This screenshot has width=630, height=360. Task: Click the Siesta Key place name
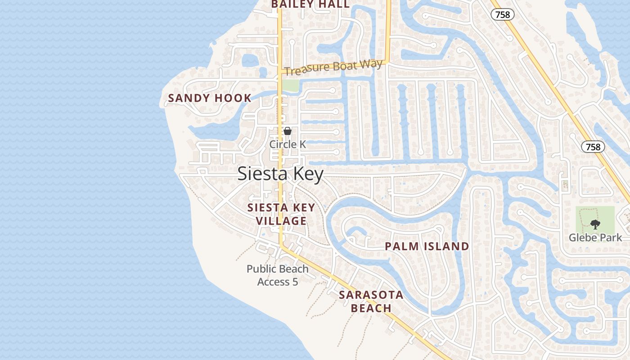280,174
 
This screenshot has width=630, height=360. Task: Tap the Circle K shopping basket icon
288,131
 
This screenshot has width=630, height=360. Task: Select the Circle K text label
288,144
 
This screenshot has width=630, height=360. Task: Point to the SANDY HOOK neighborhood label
210,98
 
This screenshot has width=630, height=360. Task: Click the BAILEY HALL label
310,4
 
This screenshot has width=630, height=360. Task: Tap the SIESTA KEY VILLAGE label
281,214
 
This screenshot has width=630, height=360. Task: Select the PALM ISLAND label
427,247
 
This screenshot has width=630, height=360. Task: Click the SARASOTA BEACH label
371,301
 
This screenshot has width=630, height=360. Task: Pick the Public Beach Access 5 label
278,275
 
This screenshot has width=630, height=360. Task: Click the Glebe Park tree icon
595,224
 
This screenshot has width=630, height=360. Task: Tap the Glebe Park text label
595,238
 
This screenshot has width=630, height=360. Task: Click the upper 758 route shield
503,15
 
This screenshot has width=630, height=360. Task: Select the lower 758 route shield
593,147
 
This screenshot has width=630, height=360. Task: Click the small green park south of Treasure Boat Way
290,85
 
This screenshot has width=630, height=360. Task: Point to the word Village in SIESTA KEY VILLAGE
281,221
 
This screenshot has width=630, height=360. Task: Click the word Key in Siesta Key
308,174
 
